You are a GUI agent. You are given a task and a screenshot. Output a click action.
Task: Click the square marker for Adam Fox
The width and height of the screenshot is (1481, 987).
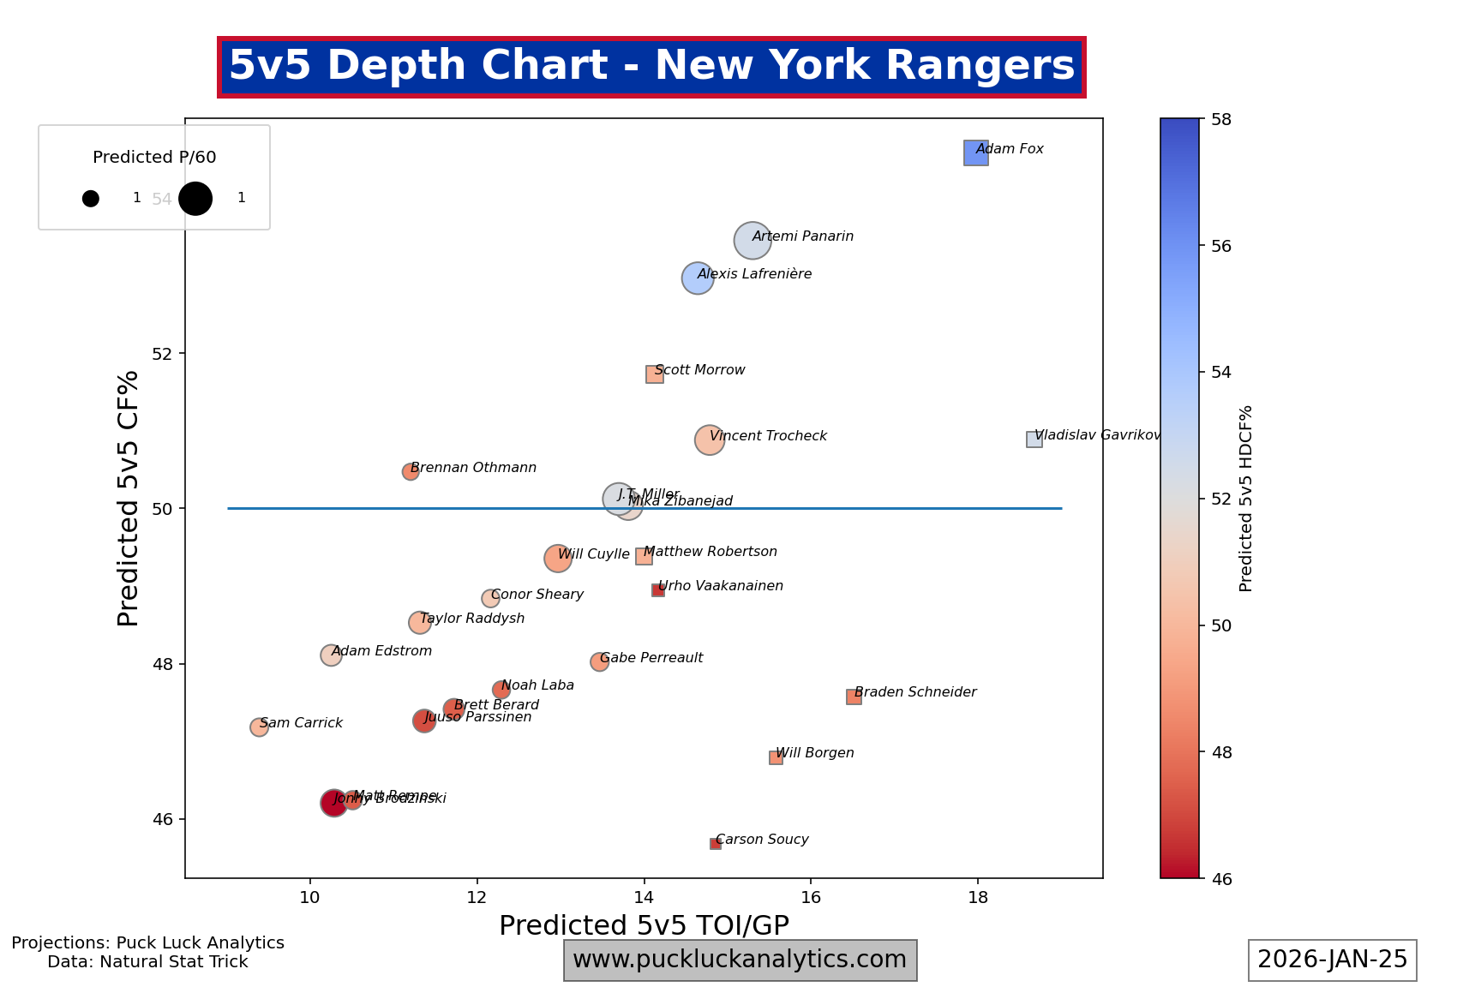(975, 153)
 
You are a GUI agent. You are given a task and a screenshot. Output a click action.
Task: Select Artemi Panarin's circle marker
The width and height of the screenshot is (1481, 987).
(752, 241)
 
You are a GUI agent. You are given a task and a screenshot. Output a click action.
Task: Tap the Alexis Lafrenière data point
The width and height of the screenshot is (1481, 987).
(698, 278)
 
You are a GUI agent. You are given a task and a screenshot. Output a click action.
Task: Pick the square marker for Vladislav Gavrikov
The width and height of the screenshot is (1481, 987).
(1034, 440)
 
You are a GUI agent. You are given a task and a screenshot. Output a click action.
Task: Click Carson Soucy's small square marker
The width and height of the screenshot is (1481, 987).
(715, 844)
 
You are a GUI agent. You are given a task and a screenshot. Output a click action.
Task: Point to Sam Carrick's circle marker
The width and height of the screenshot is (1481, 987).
(259, 727)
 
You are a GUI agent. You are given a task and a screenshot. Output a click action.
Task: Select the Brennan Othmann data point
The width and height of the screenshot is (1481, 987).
(411, 472)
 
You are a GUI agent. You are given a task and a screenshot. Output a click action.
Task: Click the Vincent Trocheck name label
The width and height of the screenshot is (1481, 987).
(768, 436)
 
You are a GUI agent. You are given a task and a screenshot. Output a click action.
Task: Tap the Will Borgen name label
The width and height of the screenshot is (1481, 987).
(814, 753)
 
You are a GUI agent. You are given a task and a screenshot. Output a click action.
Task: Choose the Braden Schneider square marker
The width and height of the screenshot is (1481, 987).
(854, 697)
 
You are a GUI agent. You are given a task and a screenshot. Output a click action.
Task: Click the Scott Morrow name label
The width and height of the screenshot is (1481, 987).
(699, 370)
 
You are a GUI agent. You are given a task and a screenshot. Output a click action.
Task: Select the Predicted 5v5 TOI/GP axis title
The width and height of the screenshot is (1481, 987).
(644, 925)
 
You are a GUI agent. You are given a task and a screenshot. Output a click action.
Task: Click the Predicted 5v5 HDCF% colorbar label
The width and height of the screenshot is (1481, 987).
(1246, 499)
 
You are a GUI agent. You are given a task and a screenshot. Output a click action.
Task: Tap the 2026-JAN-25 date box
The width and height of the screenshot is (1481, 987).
(1332, 960)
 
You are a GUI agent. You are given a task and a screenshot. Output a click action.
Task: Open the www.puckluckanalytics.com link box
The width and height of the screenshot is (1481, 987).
(740, 960)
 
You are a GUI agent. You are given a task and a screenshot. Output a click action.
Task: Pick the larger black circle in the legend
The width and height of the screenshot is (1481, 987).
(195, 198)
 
